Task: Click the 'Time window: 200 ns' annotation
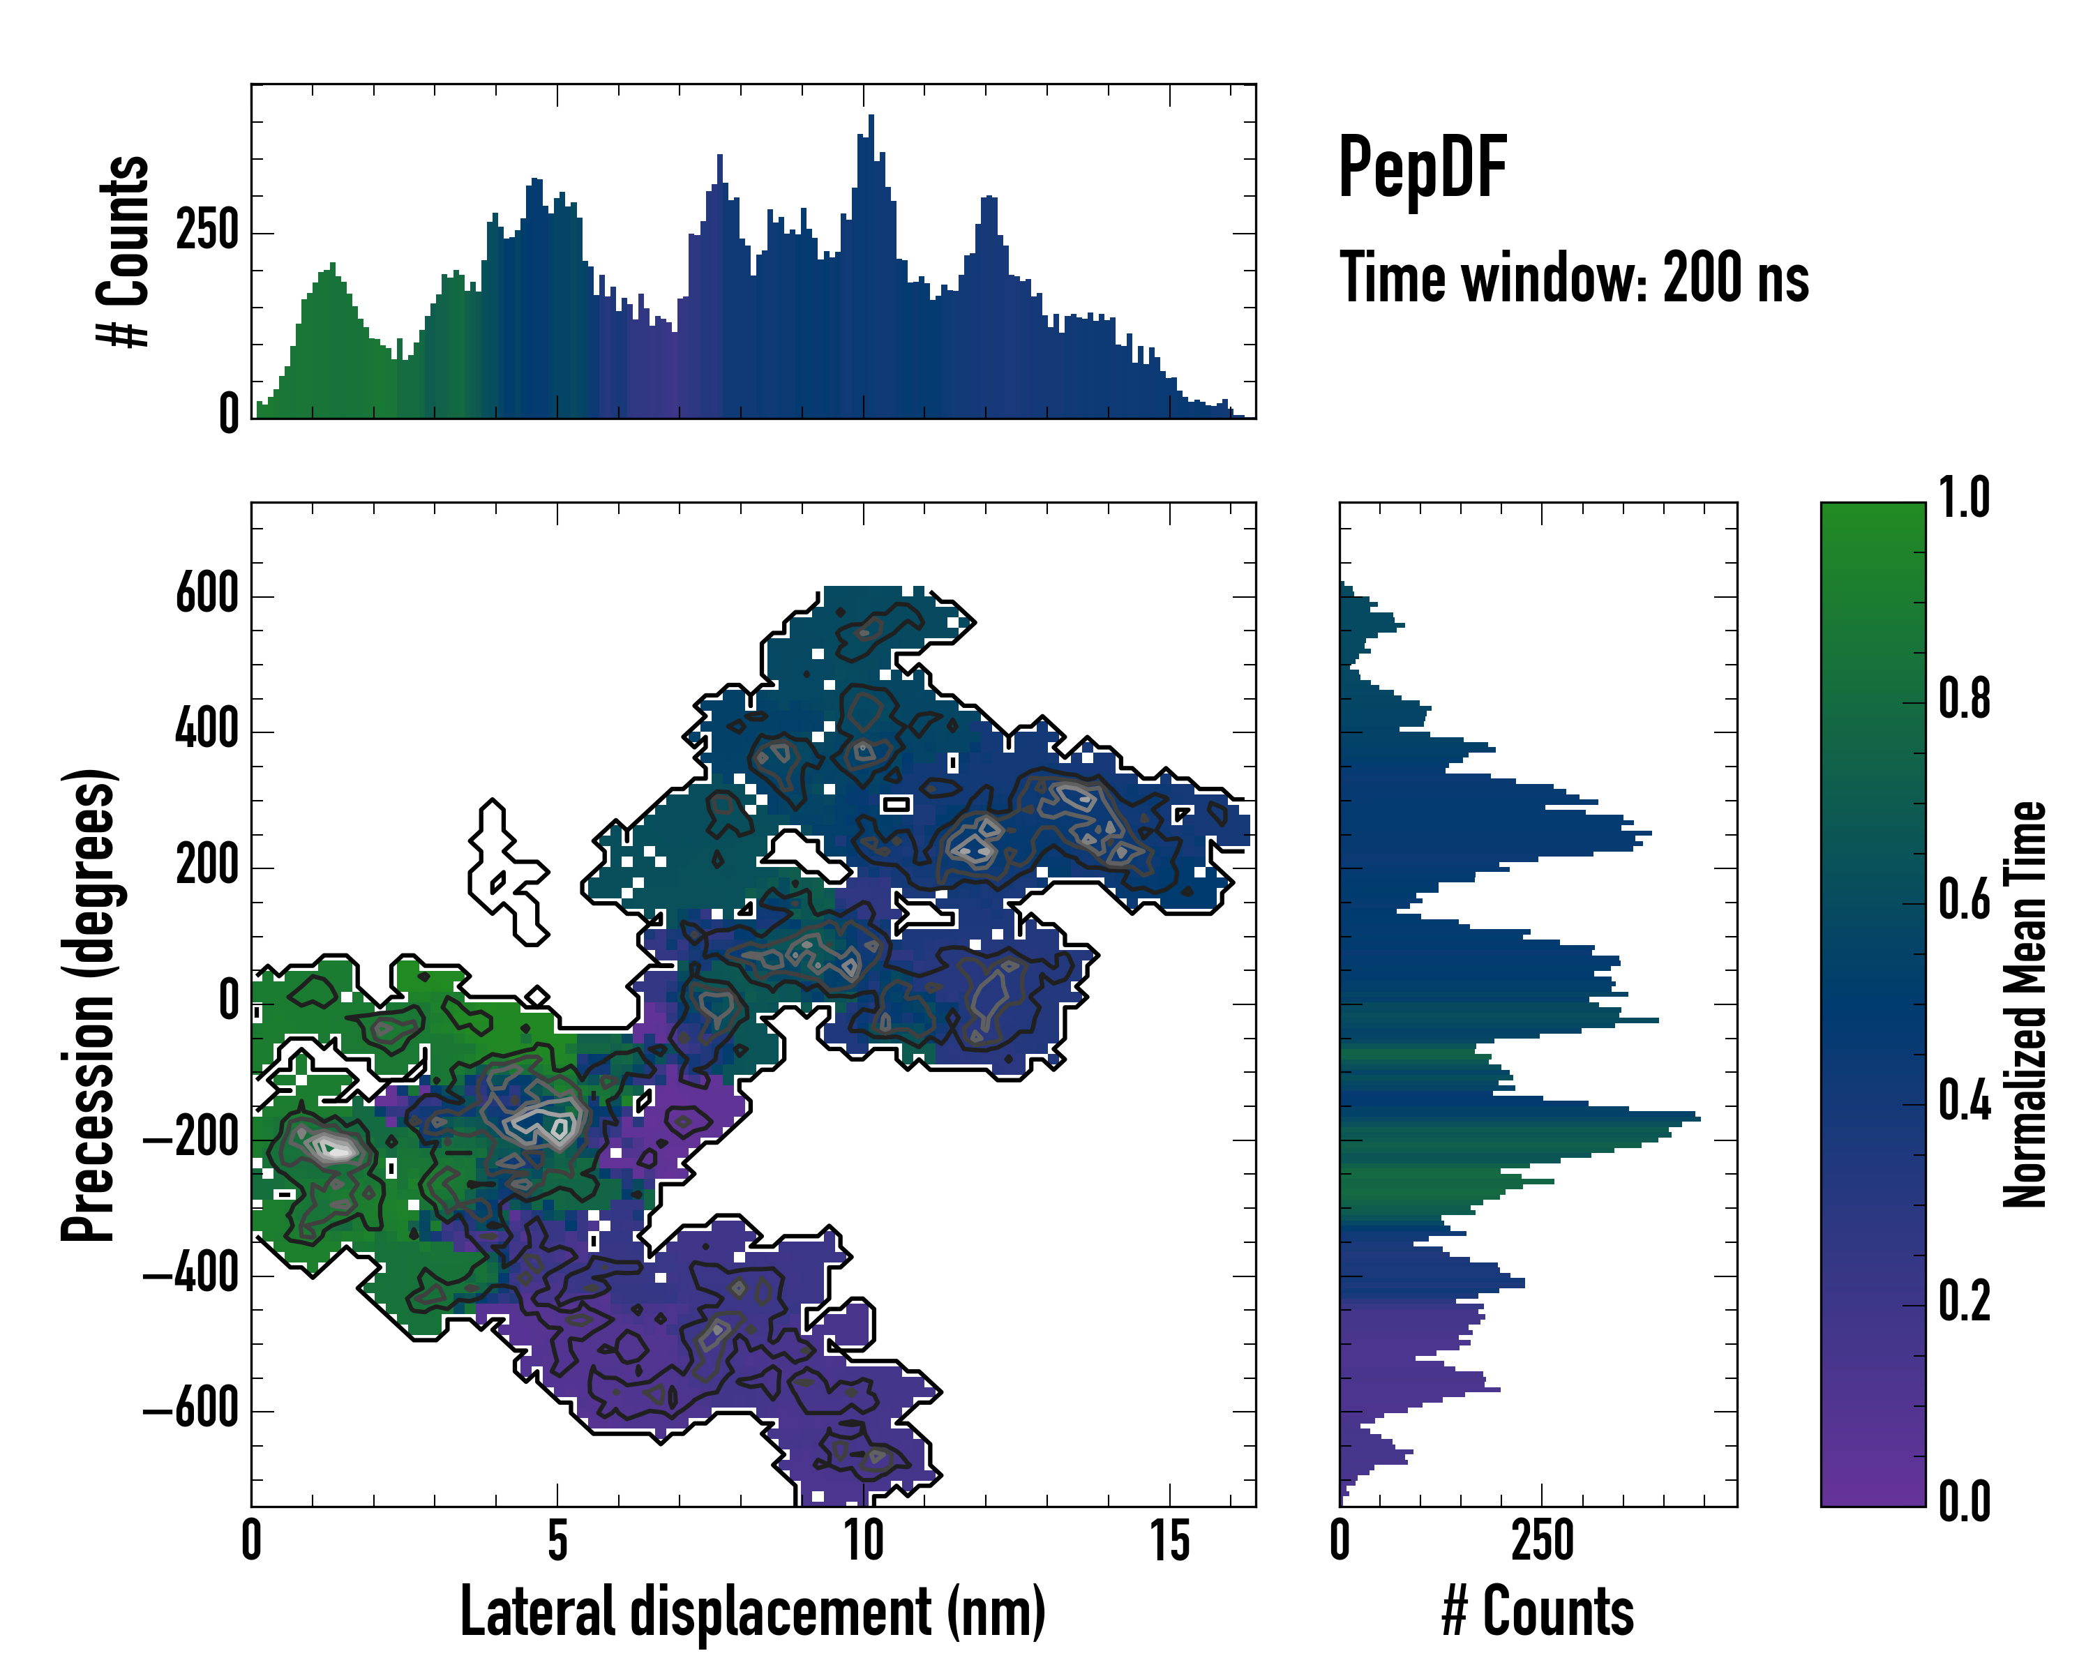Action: tap(1574, 278)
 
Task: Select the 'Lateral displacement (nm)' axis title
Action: tap(752, 1611)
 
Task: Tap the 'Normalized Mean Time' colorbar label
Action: tap(2025, 1004)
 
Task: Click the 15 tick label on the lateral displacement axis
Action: tap(1170, 1541)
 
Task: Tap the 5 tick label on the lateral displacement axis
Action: tap(557, 1541)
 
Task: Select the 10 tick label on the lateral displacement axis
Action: tap(863, 1541)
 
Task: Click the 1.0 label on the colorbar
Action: tap(1964, 498)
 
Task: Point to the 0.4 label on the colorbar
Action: tap(1964, 1103)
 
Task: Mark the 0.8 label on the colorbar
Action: tap(1964, 700)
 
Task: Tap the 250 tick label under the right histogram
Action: tap(1542, 1541)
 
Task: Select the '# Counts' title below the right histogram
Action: tap(1538, 1611)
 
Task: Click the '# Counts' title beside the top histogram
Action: tap(124, 251)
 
